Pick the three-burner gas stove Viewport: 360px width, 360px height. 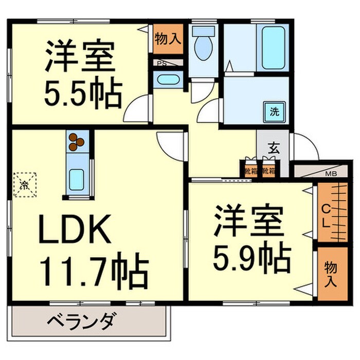[x=77, y=142]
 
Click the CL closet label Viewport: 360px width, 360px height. [x=326, y=216]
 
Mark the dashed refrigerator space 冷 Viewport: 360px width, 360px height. [x=24, y=184]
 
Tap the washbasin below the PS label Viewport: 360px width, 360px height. [x=167, y=80]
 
